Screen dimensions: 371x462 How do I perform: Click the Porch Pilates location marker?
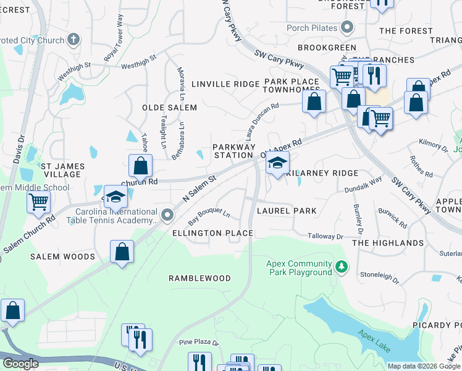tap(346, 27)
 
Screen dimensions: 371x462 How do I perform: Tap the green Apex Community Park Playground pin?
tap(342, 267)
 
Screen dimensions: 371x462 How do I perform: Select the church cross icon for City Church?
tap(73, 40)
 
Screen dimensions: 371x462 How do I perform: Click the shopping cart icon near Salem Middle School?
tap(38, 201)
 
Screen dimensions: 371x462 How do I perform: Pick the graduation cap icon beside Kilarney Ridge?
tap(277, 163)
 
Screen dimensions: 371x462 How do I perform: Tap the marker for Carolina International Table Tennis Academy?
tap(166, 215)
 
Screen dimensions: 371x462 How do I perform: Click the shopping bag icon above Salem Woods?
tap(122, 251)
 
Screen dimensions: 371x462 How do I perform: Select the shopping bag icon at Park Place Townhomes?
tap(314, 101)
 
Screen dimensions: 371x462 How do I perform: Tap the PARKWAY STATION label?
tap(233, 151)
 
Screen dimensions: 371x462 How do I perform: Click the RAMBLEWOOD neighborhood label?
tap(199, 279)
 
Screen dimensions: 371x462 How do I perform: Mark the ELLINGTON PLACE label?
tap(212, 233)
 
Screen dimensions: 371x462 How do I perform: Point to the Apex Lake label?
tap(374, 341)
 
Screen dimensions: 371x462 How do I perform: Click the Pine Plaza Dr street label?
tap(199, 343)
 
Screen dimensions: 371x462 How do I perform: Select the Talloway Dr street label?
tap(325, 236)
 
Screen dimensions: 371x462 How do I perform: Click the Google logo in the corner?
tap(20, 364)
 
